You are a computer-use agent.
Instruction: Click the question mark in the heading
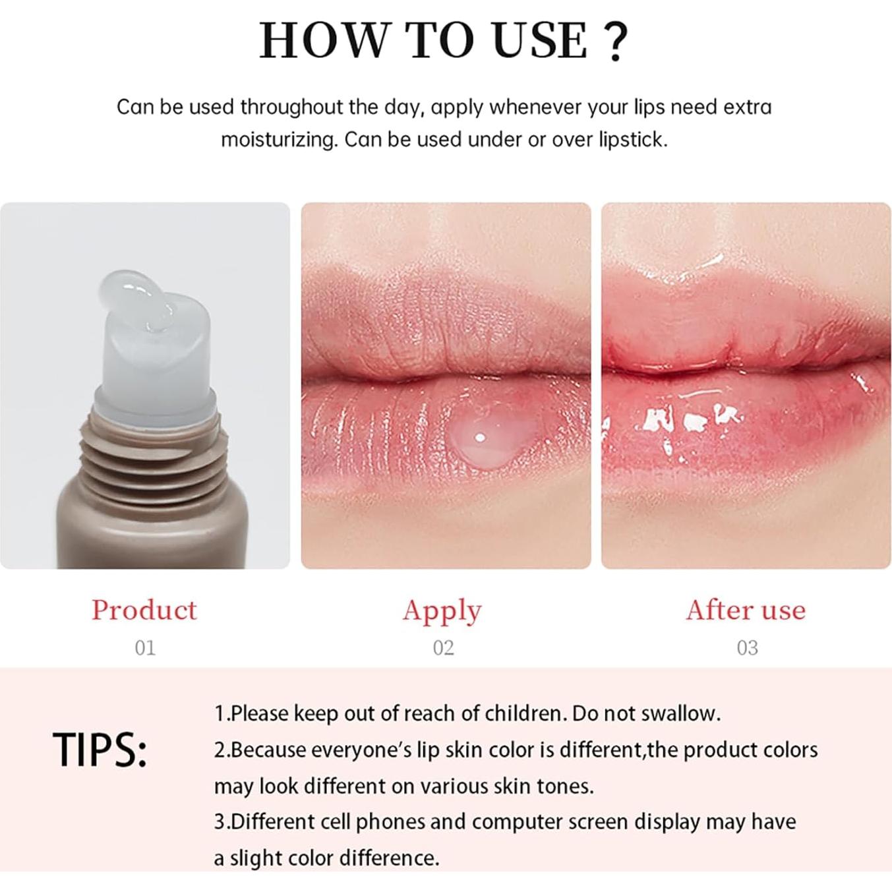click(x=616, y=41)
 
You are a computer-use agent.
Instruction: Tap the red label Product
click(x=144, y=609)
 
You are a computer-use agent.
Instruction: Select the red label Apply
click(x=442, y=610)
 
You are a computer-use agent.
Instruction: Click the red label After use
click(x=746, y=610)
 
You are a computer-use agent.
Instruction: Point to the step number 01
click(x=145, y=647)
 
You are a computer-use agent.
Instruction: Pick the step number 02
click(x=443, y=647)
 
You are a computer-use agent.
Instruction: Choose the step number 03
click(x=747, y=647)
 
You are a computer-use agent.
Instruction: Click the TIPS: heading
click(x=100, y=750)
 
